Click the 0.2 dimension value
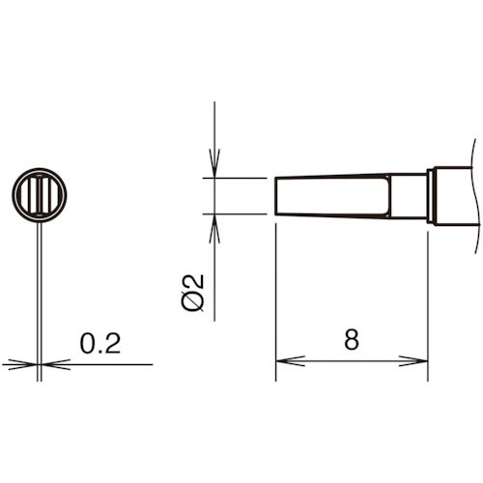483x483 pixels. tap(99, 345)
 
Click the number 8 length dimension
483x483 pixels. tap(351, 340)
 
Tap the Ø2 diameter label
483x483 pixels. tap(194, 292)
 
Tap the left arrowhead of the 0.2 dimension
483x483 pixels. tap(22, 364)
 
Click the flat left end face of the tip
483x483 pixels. tap(276, 196)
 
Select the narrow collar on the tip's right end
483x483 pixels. tap(431, 196)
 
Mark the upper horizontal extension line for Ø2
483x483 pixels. tap(237, 178)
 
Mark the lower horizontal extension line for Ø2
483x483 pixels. tap(237, 213)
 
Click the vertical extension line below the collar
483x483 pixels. tap(428, 299)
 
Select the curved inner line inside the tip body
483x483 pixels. tap(389, 196)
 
